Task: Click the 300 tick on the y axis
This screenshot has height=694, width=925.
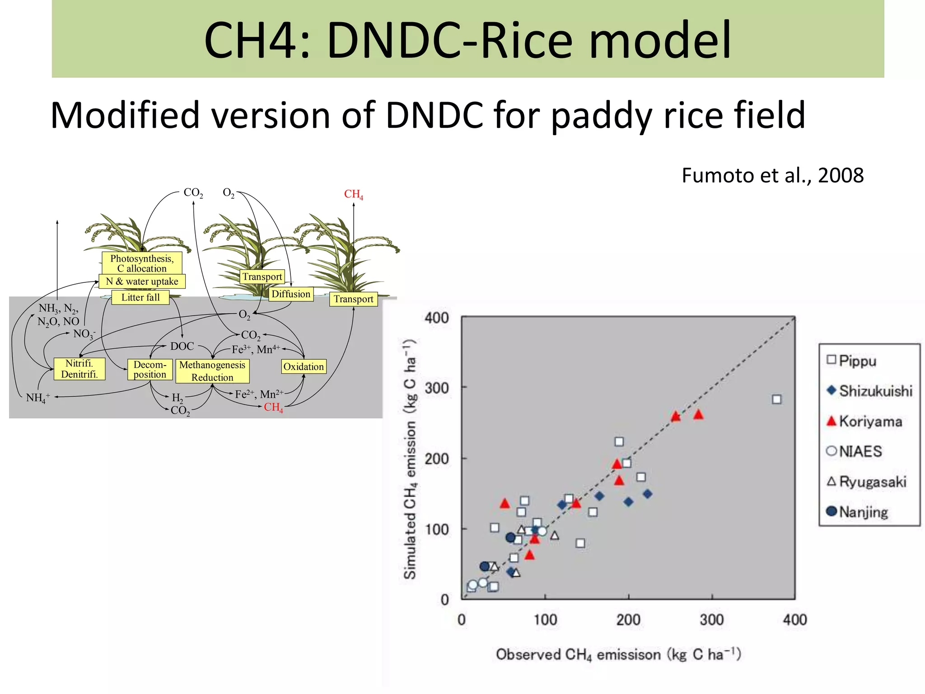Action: pos(436,388)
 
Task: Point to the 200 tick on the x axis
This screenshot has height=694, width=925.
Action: pos(628,619)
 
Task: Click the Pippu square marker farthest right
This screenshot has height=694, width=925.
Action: pos(776,399)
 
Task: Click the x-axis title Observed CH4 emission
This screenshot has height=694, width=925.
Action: pos(618,654)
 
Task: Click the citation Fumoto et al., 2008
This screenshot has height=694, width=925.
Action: pos(772,175)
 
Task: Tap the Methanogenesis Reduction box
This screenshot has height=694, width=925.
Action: pos(212,371)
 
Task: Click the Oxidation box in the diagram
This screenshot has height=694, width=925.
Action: pos(304,366)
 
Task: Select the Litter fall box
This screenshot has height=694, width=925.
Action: pos(140,297)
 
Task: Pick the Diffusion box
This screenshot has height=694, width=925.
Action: pos(291,294)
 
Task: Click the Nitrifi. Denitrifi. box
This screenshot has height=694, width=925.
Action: pos(79,369)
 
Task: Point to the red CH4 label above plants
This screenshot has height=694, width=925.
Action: pos(353,194)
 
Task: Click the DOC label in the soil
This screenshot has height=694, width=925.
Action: pos(182,347)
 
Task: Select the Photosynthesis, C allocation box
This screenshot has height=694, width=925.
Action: pos(142,263)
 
